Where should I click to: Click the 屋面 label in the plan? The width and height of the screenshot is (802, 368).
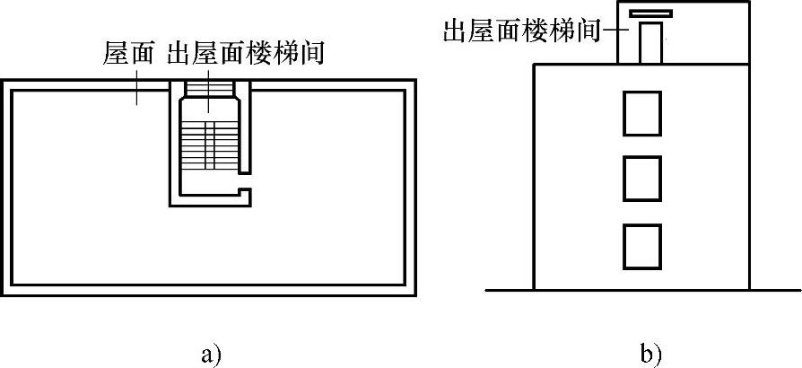tap(128, 54)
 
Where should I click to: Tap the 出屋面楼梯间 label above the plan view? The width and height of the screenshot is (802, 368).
tap(246, 54)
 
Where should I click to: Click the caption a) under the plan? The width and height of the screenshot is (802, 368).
tap(210, 354)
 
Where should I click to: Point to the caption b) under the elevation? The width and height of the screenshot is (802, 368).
tap(652, 354)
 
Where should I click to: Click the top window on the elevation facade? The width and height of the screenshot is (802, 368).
tap(641, 113)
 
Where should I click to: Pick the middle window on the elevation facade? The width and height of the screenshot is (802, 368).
tap(641, 179)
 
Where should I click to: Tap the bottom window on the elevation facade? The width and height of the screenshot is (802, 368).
tap(641, 247)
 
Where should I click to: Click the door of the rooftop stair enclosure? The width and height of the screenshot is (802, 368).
tap(649, 43)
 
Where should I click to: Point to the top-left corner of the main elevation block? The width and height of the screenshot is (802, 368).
tap(536, 65)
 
